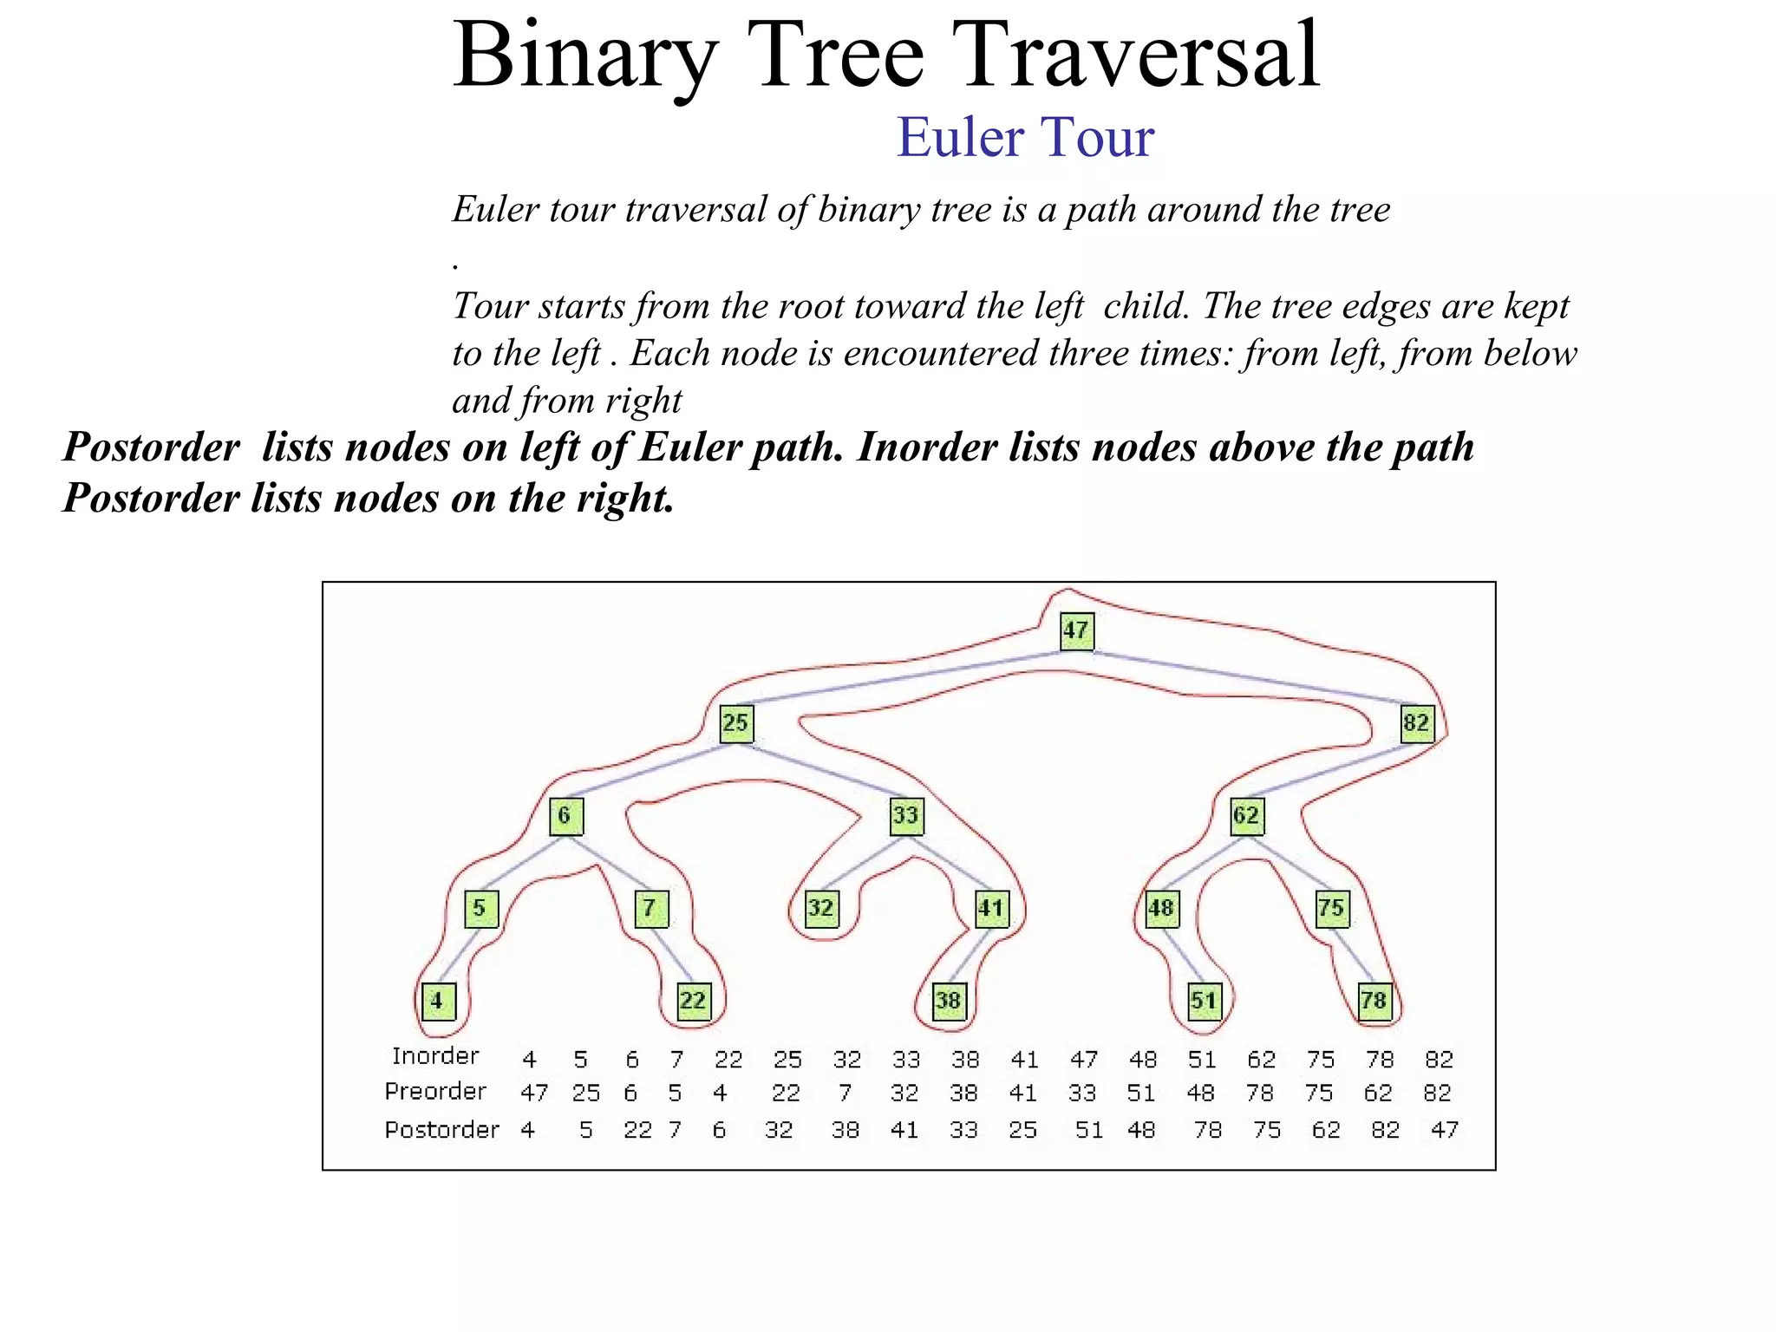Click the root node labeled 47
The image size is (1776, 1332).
pyautogui.click(x=1076, y=630)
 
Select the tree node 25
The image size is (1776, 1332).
pyautogui.click(x=736, y=722)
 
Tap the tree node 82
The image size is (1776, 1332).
pyautogui.click(x=1416, y=722)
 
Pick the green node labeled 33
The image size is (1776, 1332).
pyautogui.click(x=906, y=815)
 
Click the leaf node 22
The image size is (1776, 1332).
pyautogui.click(x=693, y=1001)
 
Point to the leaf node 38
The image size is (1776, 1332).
pyautogui.click(x=948, y=1001)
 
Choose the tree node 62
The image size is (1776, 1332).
pyautogui.click(x=1247, y=815)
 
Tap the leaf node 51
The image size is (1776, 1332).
pyautogui.click(x=1204, y=1001)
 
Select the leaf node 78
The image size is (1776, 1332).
pyautogui.click(x=1374, y=1001)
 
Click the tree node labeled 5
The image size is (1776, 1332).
pyautogui.click(x=480, y=908)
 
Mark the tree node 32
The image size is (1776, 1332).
pyautogui.click(x=821, y=908)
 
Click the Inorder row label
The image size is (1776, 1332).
pyautogui.click(x=435, y=1056)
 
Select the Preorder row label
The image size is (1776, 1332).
pyautogui.click(x=435, y=1091)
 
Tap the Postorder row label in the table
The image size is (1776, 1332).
pyautogui.click(x=441, y=1129)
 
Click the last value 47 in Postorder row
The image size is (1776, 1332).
pyautogui.click(x=1444, y=1129)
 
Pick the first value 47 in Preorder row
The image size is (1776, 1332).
pyautogui.click(x=534, y=1093)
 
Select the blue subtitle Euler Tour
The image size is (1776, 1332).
pyautogui.click(x=1025, y=137)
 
